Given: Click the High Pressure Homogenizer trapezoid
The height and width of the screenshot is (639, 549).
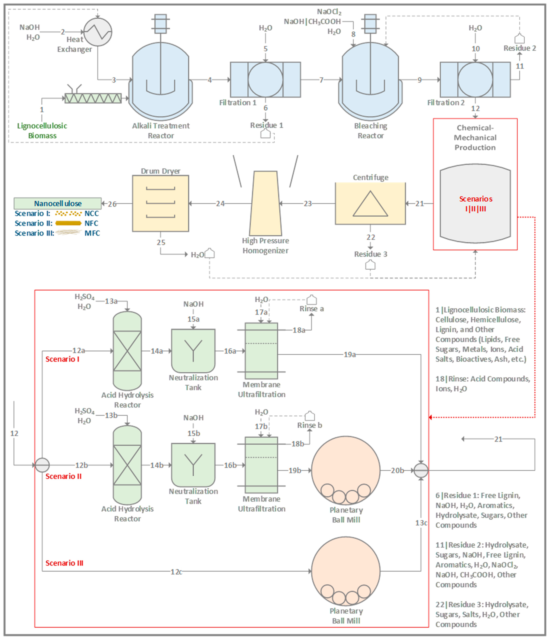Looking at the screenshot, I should (265, 203).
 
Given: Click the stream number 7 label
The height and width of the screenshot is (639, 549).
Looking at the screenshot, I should (321, 80).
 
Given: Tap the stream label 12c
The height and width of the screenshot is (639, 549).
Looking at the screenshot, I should (176, 572).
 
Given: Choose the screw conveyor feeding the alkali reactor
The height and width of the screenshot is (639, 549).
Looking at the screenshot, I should (93, 98).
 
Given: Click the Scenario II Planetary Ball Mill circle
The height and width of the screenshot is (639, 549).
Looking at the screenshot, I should (346, 470).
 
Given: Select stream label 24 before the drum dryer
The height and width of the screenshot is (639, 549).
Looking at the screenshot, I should (220, 203).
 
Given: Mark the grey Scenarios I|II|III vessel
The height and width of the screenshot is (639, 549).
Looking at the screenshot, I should (475, 203).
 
